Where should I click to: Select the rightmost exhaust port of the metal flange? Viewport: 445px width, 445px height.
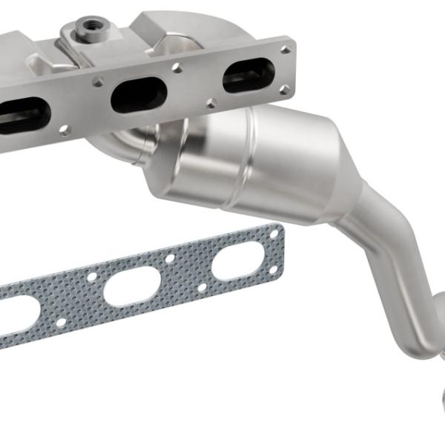[x=248, y=75]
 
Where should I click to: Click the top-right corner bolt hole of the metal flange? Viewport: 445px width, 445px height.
[x=286, y=50]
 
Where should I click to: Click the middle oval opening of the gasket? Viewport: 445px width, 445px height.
[x=132, y=288]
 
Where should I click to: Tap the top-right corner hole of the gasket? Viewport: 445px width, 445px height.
[x=274, y=234]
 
